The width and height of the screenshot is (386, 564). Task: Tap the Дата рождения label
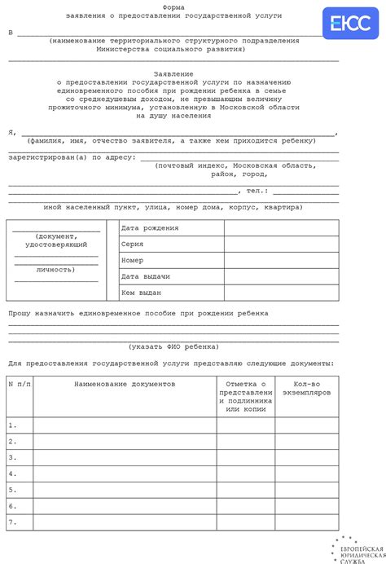click(149, 228)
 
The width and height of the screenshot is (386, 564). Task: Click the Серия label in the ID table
click(132, 244)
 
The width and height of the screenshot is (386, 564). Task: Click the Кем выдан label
click(141, 292)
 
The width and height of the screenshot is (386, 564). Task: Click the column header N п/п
click(20, 382)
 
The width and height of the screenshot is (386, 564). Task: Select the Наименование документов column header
click(125, 382)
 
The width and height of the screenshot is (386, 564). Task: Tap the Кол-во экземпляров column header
click(306, 387)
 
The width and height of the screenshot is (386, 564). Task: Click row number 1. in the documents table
click(12, 425)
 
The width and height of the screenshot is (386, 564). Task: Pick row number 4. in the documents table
click(12, 474)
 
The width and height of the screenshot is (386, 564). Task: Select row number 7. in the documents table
click(12, 522)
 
